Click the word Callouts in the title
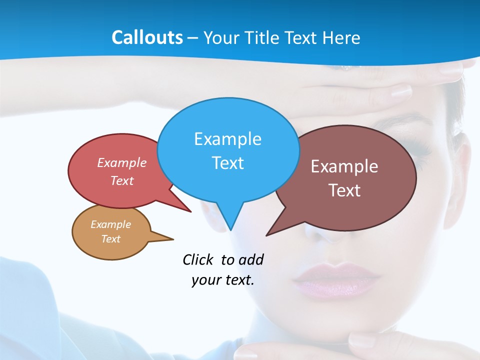[147, 37]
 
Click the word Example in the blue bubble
[227, 139]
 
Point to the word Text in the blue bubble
[227, 163]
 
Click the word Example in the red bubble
[122, 162]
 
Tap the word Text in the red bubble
[122, 180]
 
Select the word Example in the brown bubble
[344, 166]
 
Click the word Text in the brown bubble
[344, 190]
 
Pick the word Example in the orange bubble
[110, 224]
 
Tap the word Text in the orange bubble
[110, 239]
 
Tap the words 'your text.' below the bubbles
[222, 280]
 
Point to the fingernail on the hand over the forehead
[400, 91]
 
